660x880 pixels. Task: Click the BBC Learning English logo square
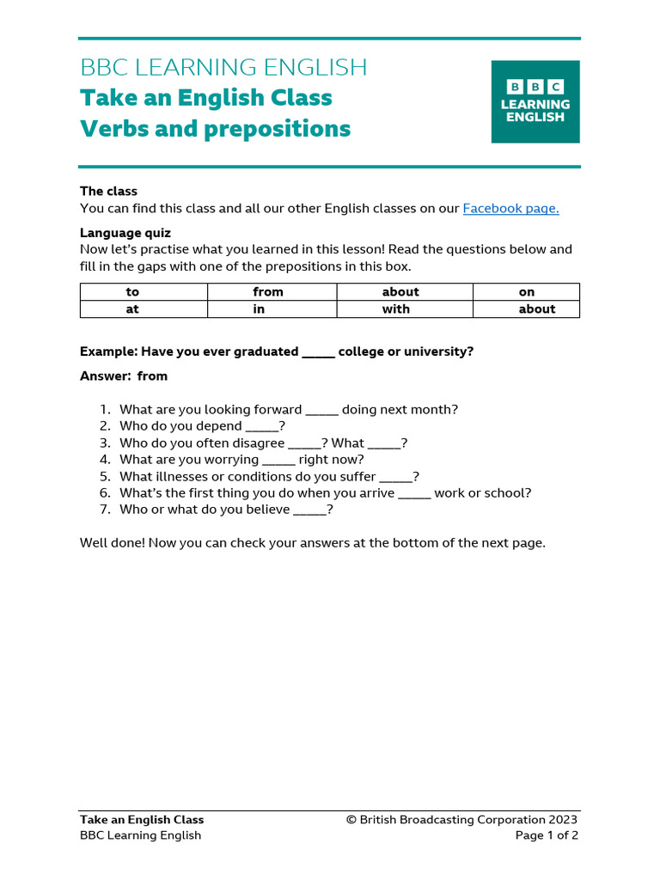click(x=535, y=101)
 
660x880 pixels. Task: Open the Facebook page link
click(x=510, y=208)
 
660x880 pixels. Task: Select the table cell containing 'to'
click(x=132, y=292)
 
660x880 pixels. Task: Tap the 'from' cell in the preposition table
click(x=268, y=292)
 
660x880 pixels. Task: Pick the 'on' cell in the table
click(x=527, y=292)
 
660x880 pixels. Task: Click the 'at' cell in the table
click(x=132, y=309)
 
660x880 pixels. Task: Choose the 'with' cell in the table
click(x=396, y=309)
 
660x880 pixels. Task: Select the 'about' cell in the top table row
click(x=400, y=292)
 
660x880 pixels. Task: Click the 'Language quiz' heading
click(x=125, y=233)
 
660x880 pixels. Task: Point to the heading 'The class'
click(x=108, y=191)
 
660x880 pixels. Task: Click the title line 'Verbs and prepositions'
click(x=215, y=129)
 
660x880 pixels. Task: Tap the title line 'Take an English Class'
click(x=206, y=98)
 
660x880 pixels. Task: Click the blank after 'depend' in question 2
click(x=262, y=427)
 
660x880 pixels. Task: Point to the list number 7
click(x=105, y=510)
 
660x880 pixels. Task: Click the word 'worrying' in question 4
click(x=226, y=460)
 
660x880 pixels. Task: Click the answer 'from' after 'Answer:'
click(x=152, y=376)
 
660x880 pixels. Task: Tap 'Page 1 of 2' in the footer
click(x=547, y=835)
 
